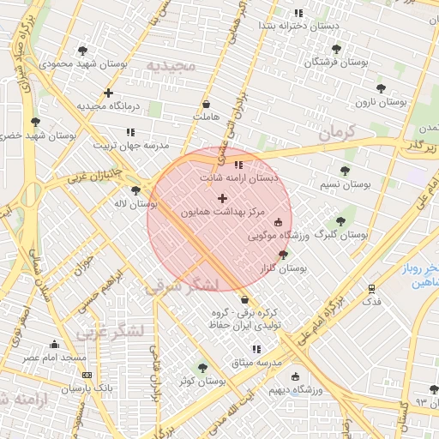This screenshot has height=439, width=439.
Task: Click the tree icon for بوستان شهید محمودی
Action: pos(82,51)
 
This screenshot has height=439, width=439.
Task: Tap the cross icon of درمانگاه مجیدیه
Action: pos(108,93)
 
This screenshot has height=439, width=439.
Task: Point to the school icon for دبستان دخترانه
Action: pos(298,13)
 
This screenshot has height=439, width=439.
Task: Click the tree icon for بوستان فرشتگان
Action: pos(336,49)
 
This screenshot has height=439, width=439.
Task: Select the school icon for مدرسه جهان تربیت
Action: pos(130,132)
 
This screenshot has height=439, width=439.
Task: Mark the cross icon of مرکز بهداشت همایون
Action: pos(223,198)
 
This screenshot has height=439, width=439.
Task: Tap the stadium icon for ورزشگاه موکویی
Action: pos(278,222)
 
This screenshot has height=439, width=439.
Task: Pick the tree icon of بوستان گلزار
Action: pos(284,255)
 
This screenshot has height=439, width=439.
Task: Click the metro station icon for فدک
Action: pos(371,289)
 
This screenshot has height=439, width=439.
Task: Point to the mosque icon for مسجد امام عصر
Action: pos(54,345)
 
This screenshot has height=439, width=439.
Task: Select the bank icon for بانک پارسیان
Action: pos(86,375)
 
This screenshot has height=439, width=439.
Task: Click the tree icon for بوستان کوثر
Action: pos(202,368)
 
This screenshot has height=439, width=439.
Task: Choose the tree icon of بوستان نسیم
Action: pos(345,171)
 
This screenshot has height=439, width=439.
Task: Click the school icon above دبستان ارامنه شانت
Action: pos(238,165)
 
